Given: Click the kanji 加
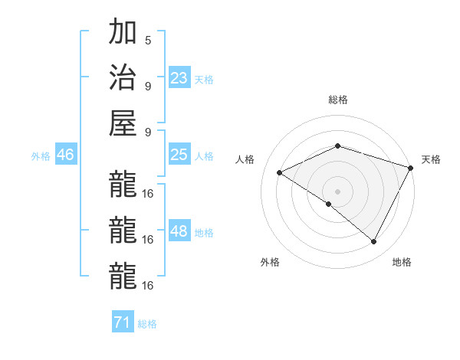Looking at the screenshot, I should tap(123, 34).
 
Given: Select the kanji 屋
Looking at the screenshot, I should tap(123, 123).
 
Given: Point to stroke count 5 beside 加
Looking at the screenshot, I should tap(148, 40).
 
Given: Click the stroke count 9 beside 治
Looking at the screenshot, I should tap(148, 85).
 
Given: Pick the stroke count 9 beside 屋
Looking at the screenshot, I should tap(148, 130).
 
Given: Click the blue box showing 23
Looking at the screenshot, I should tap(179, 77).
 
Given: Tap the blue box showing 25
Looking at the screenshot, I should tap(179, 155).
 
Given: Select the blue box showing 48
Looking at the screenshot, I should tap(179, 231).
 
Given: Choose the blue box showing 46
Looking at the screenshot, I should tap(66, 155).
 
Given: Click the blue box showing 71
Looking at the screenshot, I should tap(122, 322).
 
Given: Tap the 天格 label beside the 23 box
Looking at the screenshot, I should tap(204, 79).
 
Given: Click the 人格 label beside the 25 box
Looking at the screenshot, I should tap(204, 156).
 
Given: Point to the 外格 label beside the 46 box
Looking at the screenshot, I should tap(41, 156).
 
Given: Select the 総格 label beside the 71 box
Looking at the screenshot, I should tap(147, 324).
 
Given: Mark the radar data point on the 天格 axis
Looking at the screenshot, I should tap(412, 167).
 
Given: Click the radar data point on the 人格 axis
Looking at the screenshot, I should tap(280, 172).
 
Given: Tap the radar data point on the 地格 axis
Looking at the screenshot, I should tap(374, 242).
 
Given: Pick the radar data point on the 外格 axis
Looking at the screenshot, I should tap(329, 205).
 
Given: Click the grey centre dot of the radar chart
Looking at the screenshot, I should tap(337, 191).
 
